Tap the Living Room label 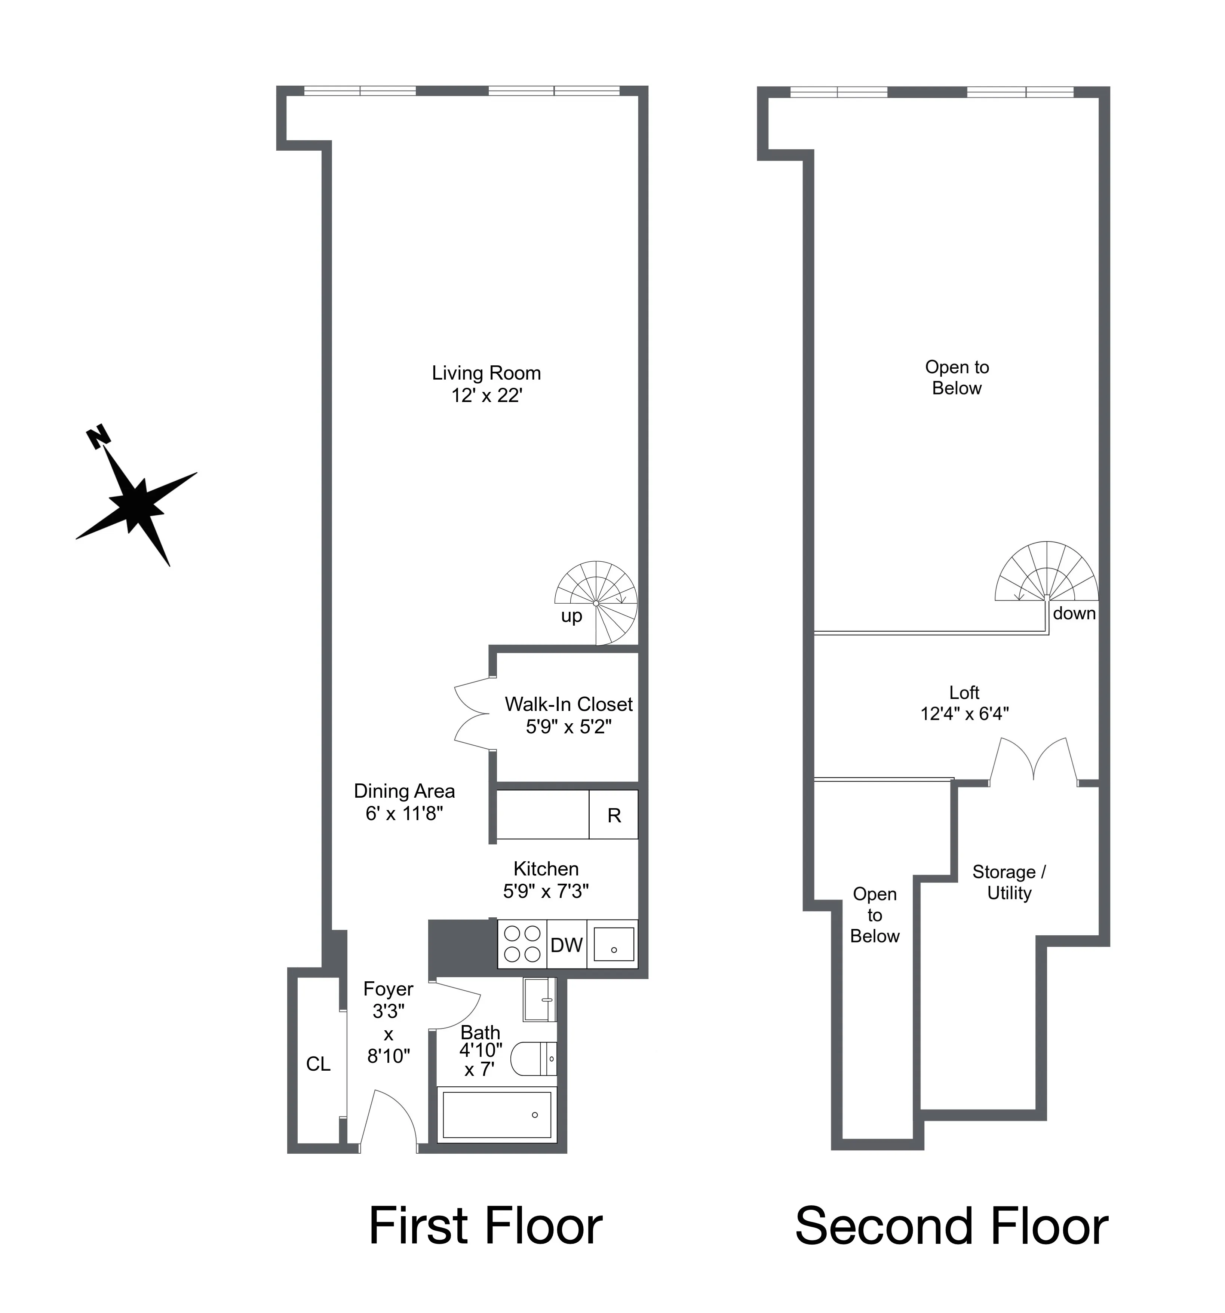pos(486,373)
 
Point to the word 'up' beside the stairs pos(571,616)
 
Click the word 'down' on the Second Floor pos(1074,614)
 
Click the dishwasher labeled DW pos(566,945)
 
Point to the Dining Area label pos(404,791)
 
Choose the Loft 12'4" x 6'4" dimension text pos(964,714)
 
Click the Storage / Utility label pos(1008,883)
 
